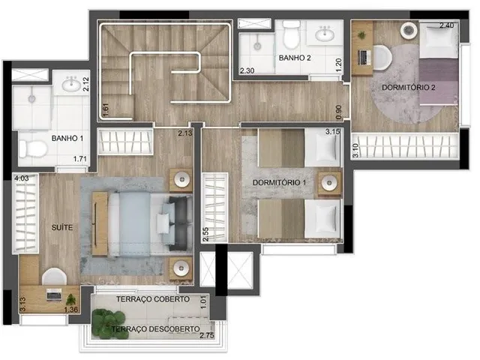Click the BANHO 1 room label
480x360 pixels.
tap(67, 138)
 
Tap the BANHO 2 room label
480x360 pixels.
tap(295, 58)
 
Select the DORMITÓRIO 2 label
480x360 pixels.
tap(409, 88)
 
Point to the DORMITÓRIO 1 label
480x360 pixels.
tap(279, 183)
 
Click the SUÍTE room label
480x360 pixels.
tap(62, 227)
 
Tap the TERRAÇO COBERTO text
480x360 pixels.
tap(153, 299)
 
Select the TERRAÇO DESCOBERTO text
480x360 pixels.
tap(155, 329)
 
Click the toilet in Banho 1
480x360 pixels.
tap(33, 149)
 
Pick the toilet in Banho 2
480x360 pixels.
tap(291, 34)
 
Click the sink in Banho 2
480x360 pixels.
tap(325, 34)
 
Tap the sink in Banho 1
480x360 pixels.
tap(71, 84)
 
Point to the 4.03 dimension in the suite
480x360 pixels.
tap(22, 178)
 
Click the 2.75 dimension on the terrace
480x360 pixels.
tap(207, 335)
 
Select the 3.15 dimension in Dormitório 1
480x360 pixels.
tap(333, 132)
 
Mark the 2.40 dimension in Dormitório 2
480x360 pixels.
tap(447, 25)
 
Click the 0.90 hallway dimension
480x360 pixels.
tap(338, 112)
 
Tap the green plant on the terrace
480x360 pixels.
tap(109, 324)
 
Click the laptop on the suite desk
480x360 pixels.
tap(54, 295)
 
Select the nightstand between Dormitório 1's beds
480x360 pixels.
tap(329, 183)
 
